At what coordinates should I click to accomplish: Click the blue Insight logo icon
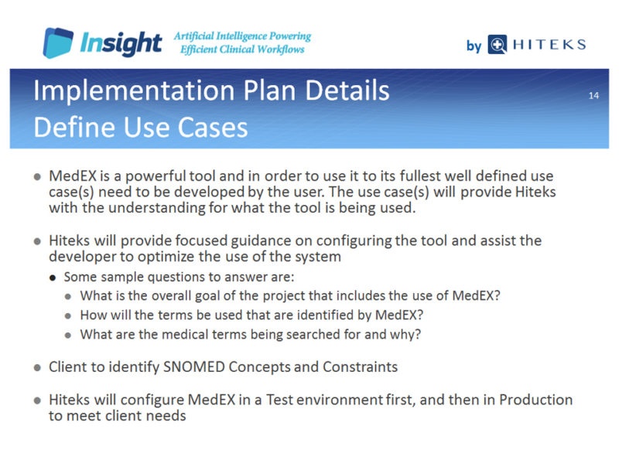pyautogui.click(x=58, y=43)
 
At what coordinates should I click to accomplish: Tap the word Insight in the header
pyautogui.click(x=121, y=43)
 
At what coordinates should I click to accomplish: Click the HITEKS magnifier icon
pyautogui.click(x=497, y=44)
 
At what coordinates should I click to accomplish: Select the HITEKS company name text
pyautogui.click(x=549, y=44)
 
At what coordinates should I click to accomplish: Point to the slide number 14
pyautogui.click(x=593, y=95)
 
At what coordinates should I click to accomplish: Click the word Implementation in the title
pyautogui.click(x=134, y=91)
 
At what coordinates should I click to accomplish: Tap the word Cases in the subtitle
pyautogui.click(x=212, y=128)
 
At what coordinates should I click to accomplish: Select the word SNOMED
pyautogui.click(x=194, y=367)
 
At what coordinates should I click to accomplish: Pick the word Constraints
pyautogui.click(x=360, y=367)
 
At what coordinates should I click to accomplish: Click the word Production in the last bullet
pyautogui.click(x=535, y=400)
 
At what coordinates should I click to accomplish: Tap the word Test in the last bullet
pyautogui.click(x=279, y=400)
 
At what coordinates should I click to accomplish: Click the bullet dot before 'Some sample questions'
pyautogui.click(x=53, y=278)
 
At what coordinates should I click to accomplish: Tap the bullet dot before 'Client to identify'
pyautogui.click(x=37, y=368)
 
